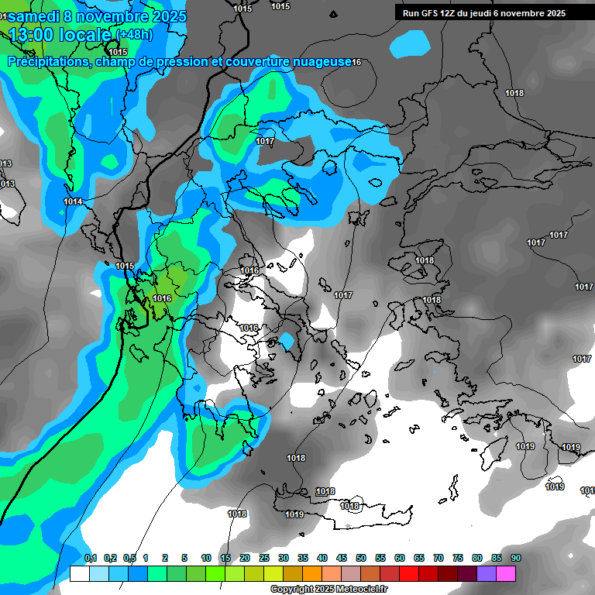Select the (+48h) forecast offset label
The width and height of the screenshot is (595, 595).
coord(134,35)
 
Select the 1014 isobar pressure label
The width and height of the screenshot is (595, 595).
coord(73,201)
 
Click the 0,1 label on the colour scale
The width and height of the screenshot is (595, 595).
coord(90,558)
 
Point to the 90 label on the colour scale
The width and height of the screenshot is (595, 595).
coord(515,558)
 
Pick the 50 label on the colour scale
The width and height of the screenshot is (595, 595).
coord(360,558)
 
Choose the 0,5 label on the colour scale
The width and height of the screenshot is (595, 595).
coord(129,558)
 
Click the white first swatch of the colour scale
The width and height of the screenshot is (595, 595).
coord(79,573)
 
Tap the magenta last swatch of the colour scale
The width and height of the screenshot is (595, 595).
coord(505,573)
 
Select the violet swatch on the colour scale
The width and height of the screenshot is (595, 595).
coord(486,573)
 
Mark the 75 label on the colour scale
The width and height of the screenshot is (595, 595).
coord(457,558)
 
